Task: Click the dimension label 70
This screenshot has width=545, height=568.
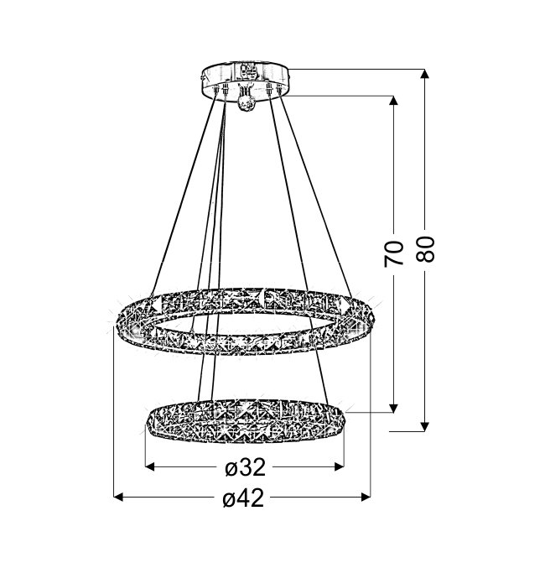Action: [393, 253]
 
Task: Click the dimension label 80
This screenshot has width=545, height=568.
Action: [425, 249]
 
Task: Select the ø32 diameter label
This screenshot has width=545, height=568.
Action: [245, 467]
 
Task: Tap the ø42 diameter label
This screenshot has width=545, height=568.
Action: [243, 498]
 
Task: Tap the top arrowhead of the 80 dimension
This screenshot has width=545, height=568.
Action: [425, 73]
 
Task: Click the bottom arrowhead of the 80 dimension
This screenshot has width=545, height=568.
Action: [425, 427]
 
